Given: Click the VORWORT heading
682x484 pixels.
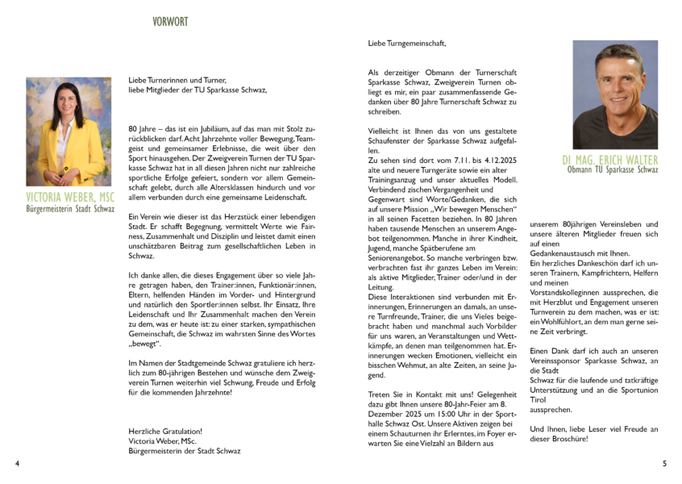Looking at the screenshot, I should tap(170, 22).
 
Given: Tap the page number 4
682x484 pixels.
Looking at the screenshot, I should tap(17, 464).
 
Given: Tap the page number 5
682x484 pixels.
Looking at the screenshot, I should tap(664, 464).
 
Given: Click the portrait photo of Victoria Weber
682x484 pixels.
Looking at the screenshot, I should tap(69, 131).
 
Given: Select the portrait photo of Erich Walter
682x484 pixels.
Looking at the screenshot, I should tap(614, 94).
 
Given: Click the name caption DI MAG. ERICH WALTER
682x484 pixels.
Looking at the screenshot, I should tap(611, 160).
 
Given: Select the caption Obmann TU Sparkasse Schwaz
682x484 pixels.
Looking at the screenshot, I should tap(613, 171).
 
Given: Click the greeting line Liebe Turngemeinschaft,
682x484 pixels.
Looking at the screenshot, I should tap(406, 43).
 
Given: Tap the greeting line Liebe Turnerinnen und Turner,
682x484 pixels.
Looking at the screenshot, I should tap(177, 80).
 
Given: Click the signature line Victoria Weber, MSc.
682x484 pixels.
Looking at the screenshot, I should tap(162, 441).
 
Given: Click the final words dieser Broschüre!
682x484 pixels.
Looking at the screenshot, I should tap(559, 439).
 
